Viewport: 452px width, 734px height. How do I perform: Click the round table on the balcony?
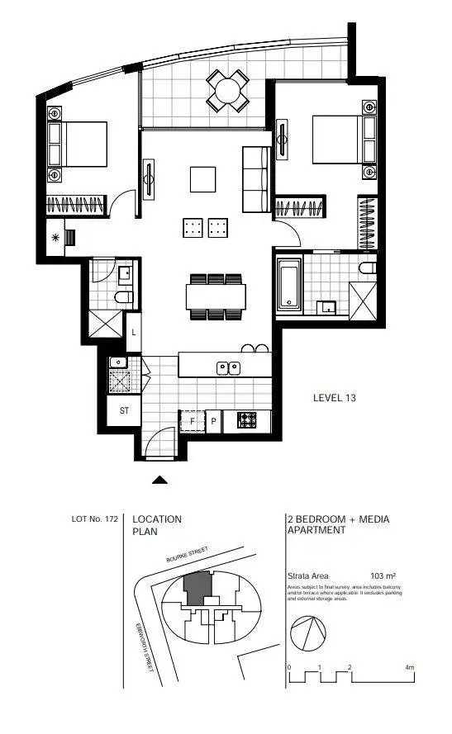(226, 91)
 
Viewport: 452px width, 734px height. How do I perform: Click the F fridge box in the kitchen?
(193, 420)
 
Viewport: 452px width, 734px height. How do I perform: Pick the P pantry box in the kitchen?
(213, 420)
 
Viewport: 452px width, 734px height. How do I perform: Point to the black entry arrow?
(160, 479)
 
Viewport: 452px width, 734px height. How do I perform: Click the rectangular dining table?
(216, 295)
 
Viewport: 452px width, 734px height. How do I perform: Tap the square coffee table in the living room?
(203, 179)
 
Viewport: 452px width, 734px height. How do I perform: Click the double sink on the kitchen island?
(228, 367)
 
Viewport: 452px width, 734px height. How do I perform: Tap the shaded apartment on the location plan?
(197, 590)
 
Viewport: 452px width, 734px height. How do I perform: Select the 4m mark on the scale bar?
(409, 666)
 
